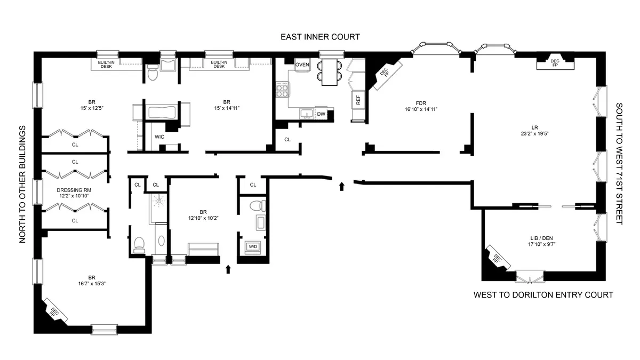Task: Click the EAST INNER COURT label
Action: coord(320,37)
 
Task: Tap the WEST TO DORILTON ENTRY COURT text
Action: coord(543,295)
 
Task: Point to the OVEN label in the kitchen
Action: coord(302,65)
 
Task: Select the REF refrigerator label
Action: coord(358,99)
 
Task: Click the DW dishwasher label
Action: coord(321,114)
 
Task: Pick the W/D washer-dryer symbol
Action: coord(251,246)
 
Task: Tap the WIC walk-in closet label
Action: coord(159,137)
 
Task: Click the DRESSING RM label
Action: coord(75,189)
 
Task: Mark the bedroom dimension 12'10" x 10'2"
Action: coord(203,218)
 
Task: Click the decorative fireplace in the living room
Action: coord(555,63)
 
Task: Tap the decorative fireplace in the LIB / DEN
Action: coord(497,259)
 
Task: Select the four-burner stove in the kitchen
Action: coord(282,89)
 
